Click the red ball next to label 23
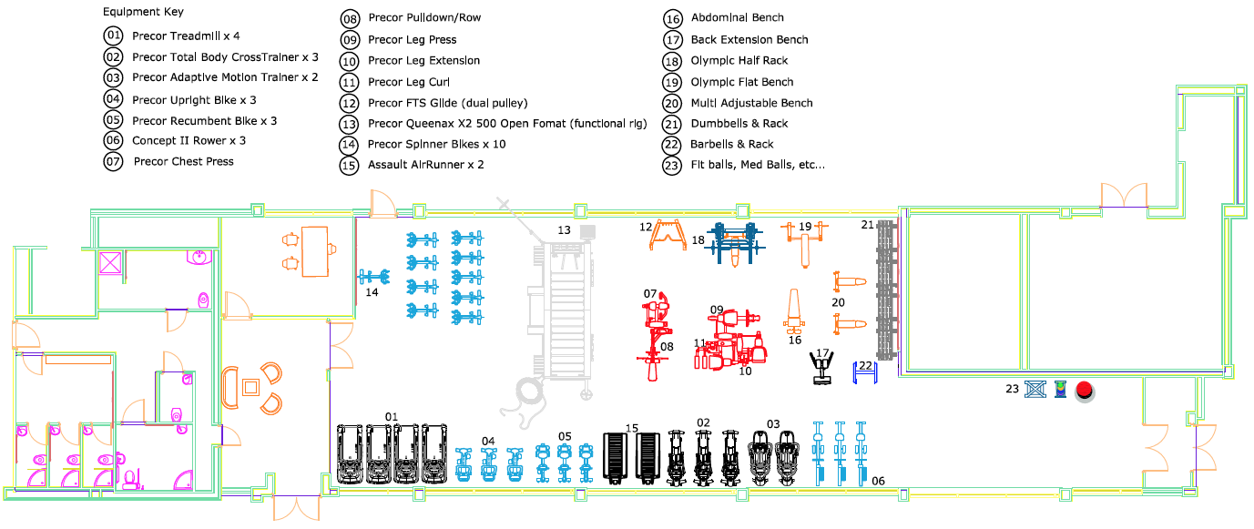[1085, 391]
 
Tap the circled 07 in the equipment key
[113, 162]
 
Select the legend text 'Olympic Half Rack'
[739, 60]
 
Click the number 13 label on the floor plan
[564, 230]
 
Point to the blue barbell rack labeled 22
[865, 372]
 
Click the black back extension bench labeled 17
[821, 367]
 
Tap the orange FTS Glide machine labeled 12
[668, 235]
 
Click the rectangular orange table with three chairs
[314, 251]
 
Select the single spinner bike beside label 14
[374, 277]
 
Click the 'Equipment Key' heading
[143, 12]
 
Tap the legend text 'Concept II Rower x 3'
[189, 140]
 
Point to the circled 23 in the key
[672, 166]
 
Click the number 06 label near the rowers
[878, 481]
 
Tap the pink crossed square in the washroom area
[110, 263]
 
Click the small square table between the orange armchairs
[250, 387]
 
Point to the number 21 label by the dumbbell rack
[867, 225]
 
